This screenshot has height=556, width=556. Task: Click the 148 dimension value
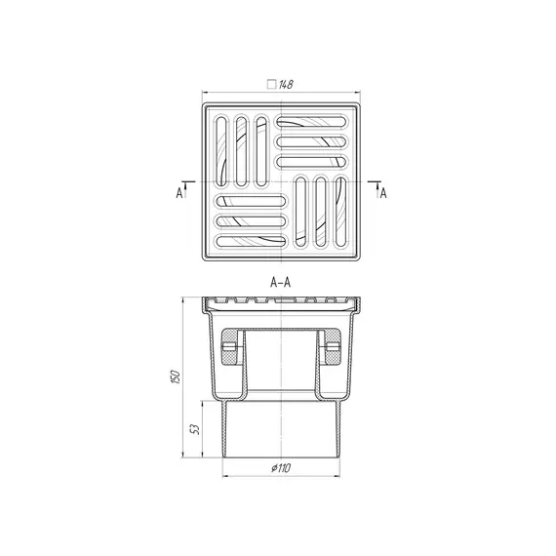(x=286, y=85)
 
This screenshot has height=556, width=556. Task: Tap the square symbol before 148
(x=271, y=85)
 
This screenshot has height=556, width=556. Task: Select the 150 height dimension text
(x=176, y=377)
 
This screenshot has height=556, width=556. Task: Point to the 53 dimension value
(x=195, y=429)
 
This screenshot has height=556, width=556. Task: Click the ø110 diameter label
(x=281, y=468)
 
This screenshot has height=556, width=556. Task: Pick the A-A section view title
(x=281, y=282)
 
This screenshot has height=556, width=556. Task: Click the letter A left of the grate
(x=179, y=193)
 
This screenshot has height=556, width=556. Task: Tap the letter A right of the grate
(x=383, y=193)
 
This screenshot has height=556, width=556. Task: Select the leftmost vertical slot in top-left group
(x=221, y=152)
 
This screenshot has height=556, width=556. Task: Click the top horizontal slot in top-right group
(x=311, y=122)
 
